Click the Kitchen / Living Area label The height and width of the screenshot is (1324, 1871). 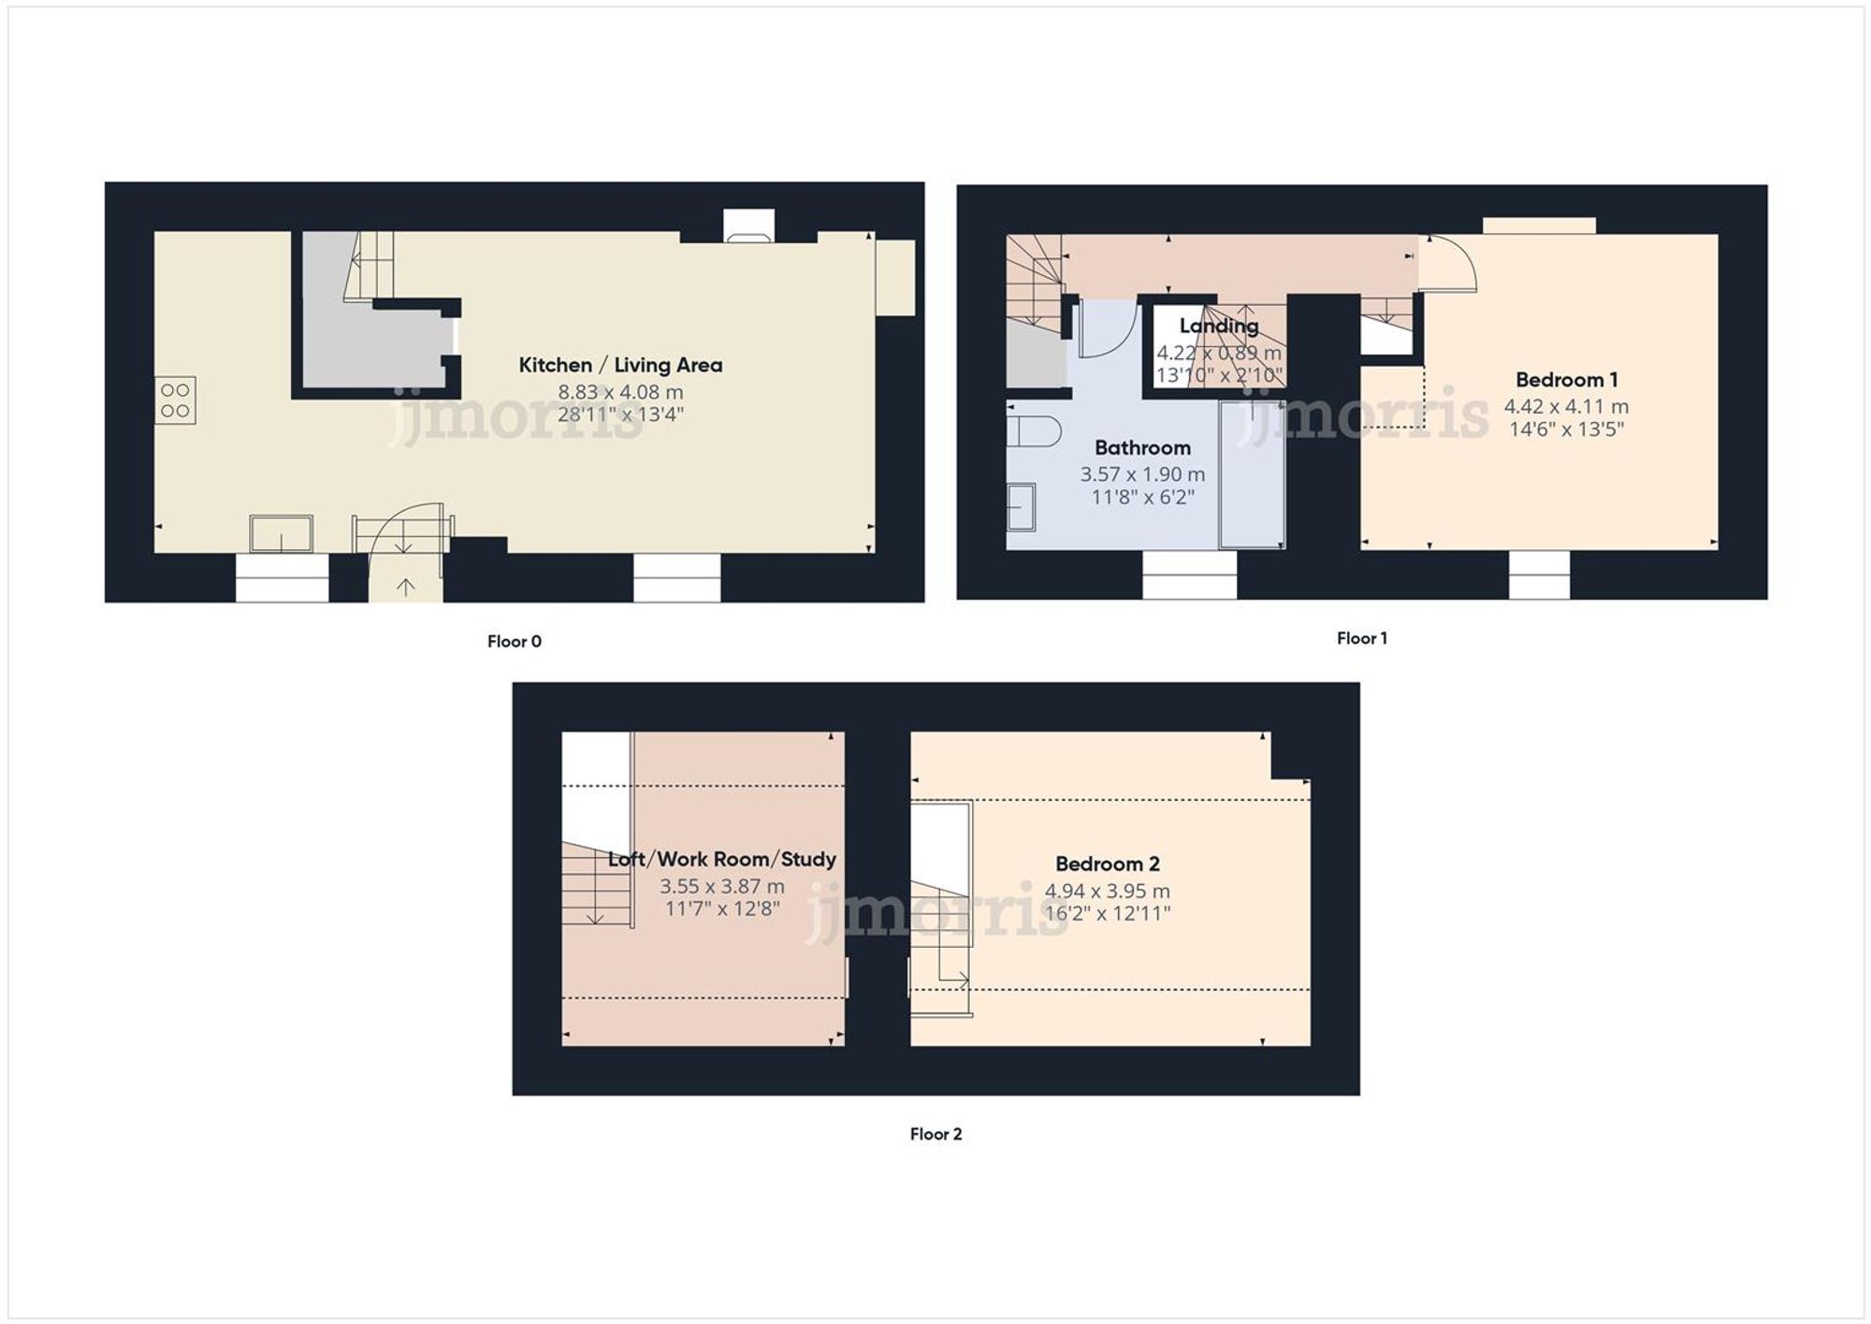(620, 365)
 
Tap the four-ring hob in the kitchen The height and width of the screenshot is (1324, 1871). (175, 400)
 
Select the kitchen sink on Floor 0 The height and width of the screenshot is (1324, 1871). (281, 534)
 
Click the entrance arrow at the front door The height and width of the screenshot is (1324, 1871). (405, 587)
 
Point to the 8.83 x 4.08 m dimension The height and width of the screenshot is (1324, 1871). (620, 392)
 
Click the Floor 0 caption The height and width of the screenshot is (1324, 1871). (514, 641)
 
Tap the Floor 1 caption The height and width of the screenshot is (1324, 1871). (1361, 638)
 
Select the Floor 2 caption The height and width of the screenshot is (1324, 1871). (935, 1134)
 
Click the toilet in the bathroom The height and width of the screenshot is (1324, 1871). (1033, 431)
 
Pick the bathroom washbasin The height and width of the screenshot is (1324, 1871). (1021, 506)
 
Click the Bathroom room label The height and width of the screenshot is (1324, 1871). (1142, 447)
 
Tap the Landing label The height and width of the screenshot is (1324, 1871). (1218, 326)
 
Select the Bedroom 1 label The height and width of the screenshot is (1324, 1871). (1566, 380)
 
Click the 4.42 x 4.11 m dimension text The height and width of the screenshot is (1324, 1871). (1566, 406)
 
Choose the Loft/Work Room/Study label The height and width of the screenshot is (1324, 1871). (721, 859)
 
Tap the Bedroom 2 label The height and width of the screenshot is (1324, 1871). (1108, 864)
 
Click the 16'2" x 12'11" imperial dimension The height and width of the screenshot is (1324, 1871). (1108, 913)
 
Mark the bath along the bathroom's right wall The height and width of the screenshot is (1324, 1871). (1252, 474)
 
